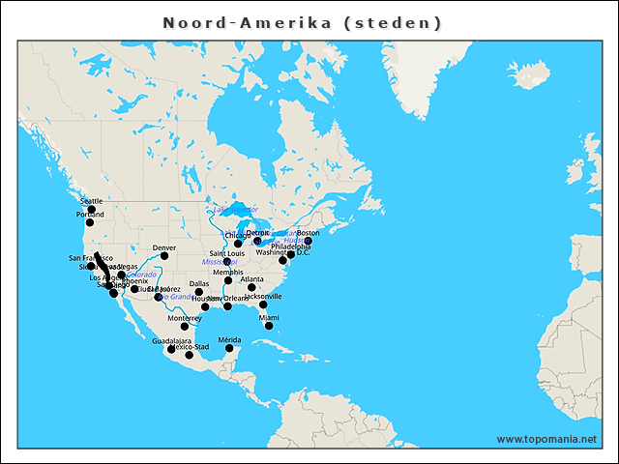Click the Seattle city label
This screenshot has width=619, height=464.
pos(91,201)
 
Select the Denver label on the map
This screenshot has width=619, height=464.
pos(164,247)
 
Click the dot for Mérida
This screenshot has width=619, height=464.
pos(229,350)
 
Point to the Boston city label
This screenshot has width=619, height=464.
pos(308,233)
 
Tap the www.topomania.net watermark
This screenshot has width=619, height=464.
pos(546,439)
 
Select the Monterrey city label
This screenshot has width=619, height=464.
pos(185,318)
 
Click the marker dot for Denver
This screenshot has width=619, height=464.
pos(164,256)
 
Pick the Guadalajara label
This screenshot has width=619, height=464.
pos(171,340)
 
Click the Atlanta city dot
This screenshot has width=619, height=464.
pos(251,288)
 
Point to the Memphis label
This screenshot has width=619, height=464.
pos(228,273)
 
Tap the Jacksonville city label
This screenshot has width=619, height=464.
pos(263,297)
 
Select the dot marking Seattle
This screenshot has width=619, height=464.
pos(91,210)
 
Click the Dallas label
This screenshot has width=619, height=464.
pos(198,283)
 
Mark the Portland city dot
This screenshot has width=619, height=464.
pos(89,222)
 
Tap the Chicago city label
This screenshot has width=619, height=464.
pos(236,235)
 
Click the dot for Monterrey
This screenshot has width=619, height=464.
pos(185,327)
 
